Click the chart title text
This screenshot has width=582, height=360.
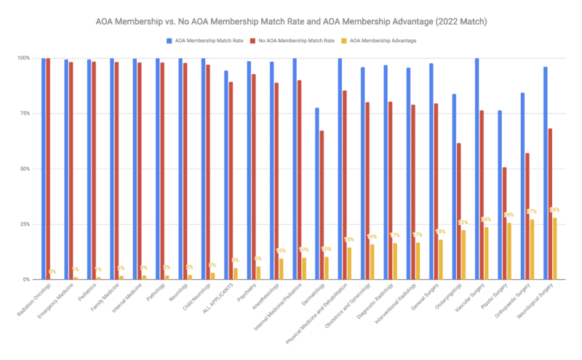[291, 22]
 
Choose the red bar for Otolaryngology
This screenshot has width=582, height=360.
[458, 211]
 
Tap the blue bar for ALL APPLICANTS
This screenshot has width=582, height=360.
[226, 175]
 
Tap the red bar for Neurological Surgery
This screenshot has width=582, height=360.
[550, 204]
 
